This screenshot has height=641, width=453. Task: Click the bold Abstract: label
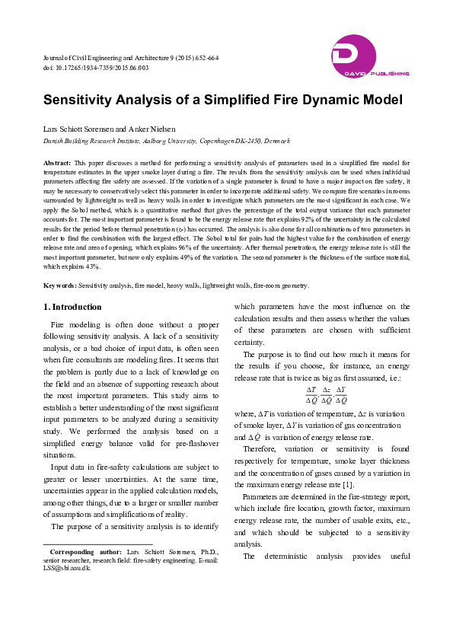pyautogui.click(x=57, y=163)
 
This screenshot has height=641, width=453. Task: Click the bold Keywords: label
pyautogui.click(x=59, y=285)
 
